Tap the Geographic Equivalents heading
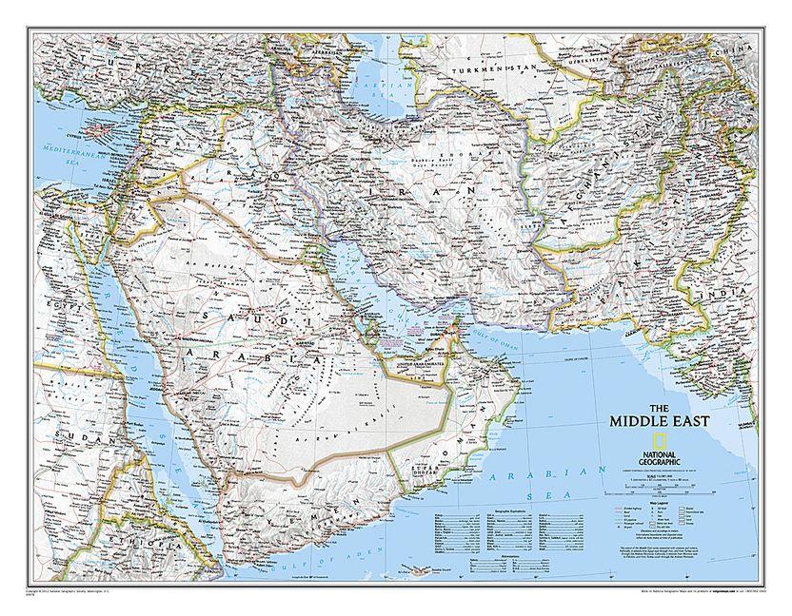click(x=513, y=510)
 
